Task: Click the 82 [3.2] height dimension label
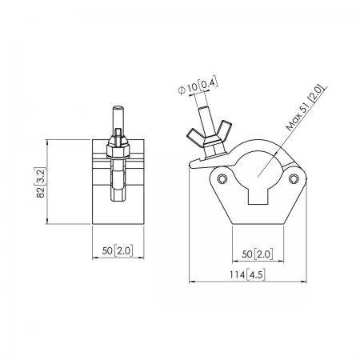41,182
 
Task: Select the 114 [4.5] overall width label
247,274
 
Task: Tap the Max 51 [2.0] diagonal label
306,108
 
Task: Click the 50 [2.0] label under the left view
118,250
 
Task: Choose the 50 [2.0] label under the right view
258,254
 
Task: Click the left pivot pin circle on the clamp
222,178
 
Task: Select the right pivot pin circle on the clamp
294,178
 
